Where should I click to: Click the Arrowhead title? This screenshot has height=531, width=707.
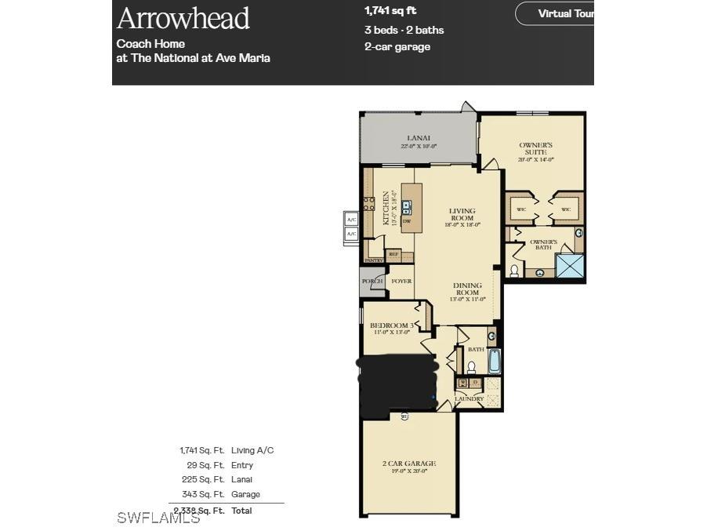183,17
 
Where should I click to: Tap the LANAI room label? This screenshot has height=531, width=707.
418,139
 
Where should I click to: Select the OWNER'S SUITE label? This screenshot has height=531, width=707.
536,149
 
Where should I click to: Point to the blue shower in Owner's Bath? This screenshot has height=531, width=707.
570,265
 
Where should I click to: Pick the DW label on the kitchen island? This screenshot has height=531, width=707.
407,222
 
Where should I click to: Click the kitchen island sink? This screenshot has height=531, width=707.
407,207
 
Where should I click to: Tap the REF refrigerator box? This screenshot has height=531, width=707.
393,254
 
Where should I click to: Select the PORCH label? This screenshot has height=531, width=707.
372,281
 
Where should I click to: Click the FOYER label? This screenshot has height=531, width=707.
401,281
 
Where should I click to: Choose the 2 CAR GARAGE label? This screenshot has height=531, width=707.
409,464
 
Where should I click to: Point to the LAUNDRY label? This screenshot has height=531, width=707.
469,399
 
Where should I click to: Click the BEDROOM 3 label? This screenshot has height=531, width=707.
391,326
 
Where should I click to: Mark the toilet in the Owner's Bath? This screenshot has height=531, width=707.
515,271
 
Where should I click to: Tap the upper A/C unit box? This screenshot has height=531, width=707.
351,220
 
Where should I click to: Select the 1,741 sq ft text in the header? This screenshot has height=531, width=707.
390,11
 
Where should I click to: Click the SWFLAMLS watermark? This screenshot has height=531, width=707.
158,518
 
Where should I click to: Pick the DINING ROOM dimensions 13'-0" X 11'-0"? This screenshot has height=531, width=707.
468,299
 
